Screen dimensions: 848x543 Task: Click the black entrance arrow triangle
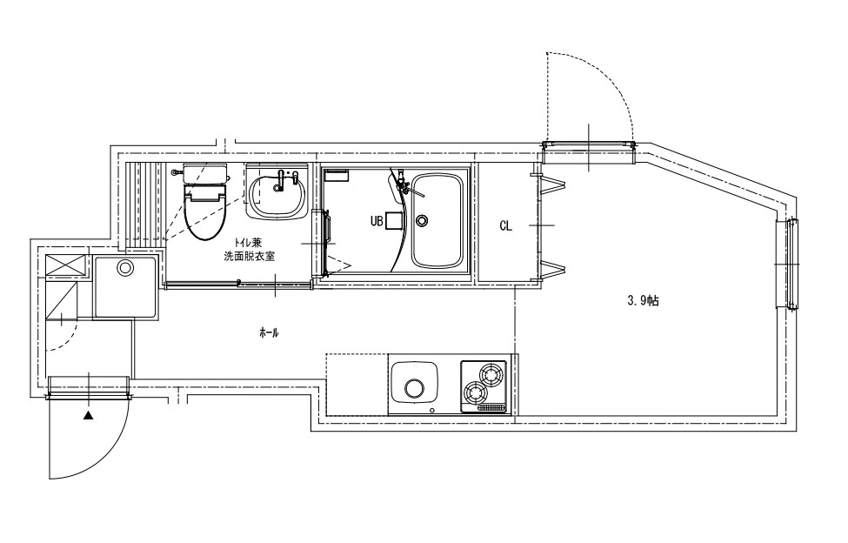pos(88,416)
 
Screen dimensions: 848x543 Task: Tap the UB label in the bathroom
pos(377,221)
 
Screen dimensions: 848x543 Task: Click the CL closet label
pos(505,225)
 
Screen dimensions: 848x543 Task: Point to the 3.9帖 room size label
pos(643,301)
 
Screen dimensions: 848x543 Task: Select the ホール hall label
pos(269,333)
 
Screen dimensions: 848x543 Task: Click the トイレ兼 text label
pos(248,244)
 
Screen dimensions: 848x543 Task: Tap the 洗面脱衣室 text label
pos(250,257)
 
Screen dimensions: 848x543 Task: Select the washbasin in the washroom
pos(277,195)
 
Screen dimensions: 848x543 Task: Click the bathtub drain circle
pos(421,220)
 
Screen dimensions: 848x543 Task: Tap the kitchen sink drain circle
pos(415,388)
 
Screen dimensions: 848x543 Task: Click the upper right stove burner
pos(492,373)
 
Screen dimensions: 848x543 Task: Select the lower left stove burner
pos(474,391)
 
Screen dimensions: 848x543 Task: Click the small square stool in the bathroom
pos(395,220)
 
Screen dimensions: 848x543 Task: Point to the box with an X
pos(65,265)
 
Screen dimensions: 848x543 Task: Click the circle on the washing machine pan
pos(125,267)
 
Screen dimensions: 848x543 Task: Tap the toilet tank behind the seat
pos(205,173)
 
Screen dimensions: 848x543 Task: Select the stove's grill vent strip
pos(491,408)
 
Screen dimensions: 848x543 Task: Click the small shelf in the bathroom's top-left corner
pos(336,175)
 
